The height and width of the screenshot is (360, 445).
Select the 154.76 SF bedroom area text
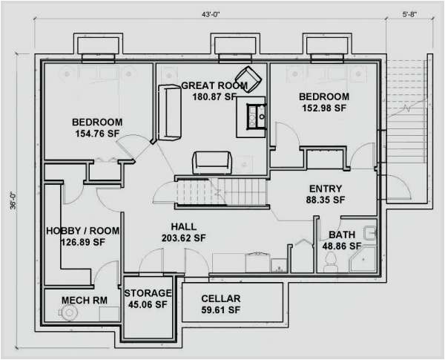click(96, 134)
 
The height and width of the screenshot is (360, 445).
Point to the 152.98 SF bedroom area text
click(323, 108)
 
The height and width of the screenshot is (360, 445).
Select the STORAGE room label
click(148, 293)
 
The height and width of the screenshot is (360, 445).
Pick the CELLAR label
click(220, 298)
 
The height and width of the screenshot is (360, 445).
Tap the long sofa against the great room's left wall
click(169, 112)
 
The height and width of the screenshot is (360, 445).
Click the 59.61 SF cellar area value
click(220, 310)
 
